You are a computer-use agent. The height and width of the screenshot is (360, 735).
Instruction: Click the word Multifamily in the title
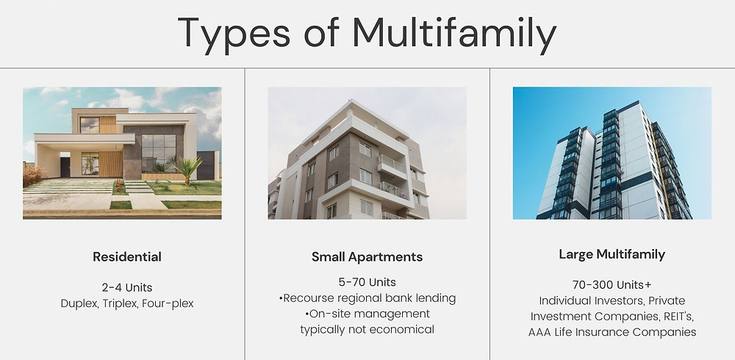coord(454,33)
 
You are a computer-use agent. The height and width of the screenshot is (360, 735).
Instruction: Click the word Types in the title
coord(234,34)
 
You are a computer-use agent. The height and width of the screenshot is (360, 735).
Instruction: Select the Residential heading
coord(127,257)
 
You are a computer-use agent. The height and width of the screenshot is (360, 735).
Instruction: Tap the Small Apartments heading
coord(367,257)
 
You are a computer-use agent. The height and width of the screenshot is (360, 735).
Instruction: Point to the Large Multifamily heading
coord(612,254)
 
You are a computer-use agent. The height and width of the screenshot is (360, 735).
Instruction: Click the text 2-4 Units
coord(127,287)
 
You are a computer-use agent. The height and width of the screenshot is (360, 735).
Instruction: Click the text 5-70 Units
coord(367,282)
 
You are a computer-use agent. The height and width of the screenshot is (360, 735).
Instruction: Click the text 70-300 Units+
coord(612,285)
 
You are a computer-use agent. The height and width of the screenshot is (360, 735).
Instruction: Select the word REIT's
coord(678,317)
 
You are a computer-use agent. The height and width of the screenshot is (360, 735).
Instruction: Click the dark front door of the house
coord(65,167)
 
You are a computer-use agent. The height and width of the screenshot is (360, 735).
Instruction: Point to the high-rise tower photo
coord(612,153)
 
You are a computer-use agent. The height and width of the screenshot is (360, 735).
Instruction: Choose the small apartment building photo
coord(367,153)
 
